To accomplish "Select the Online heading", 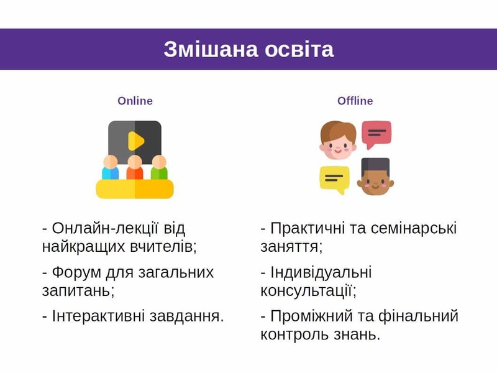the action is pyautogui.click(x=135, y=101).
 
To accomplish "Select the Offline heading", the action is pyautogui.click(x=355, y=101).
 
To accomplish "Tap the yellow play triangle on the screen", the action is pyautogui.click(x=135, y=141).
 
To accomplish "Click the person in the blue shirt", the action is pyautogui.click(x=111, y=168).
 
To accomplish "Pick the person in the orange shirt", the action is pyautogui.click(x=135, y=168).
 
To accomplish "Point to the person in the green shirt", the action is pyautogui.click(x=159, y=168).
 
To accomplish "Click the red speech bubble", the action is pyautogui.click(x=376, y=134).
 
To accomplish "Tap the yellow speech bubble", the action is pyautogui.click(x=334, y=179).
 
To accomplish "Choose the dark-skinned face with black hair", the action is pyautogui.click(x=375, y=177).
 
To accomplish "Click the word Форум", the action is pyautogui.click(x=76, y=272).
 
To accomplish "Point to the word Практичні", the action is pyautogui.click(x=308, y=228).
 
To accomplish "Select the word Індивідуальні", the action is pyautogui.click(x=321, y=272).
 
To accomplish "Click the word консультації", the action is pyautogui.click(x=308, y=290).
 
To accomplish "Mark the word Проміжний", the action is pyautogui.click(x=312, y=316).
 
